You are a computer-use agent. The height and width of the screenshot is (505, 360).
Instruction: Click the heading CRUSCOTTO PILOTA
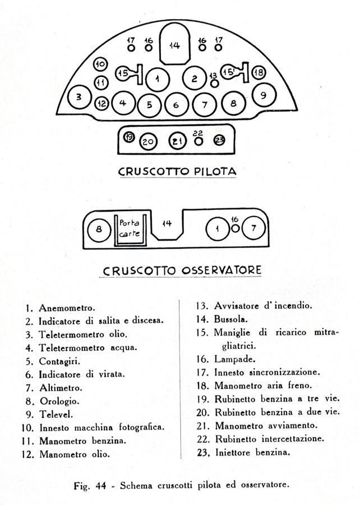coord(177,171)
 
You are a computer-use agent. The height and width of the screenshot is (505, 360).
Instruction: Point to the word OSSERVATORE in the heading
coord(221,270)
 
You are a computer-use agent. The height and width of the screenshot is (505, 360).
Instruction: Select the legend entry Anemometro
coord(67,308)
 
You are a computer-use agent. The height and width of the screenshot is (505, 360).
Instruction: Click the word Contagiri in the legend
coord(59,361)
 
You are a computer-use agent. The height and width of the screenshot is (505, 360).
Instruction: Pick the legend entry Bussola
coord(231,319)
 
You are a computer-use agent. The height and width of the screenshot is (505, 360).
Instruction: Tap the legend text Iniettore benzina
coord(253,452)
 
